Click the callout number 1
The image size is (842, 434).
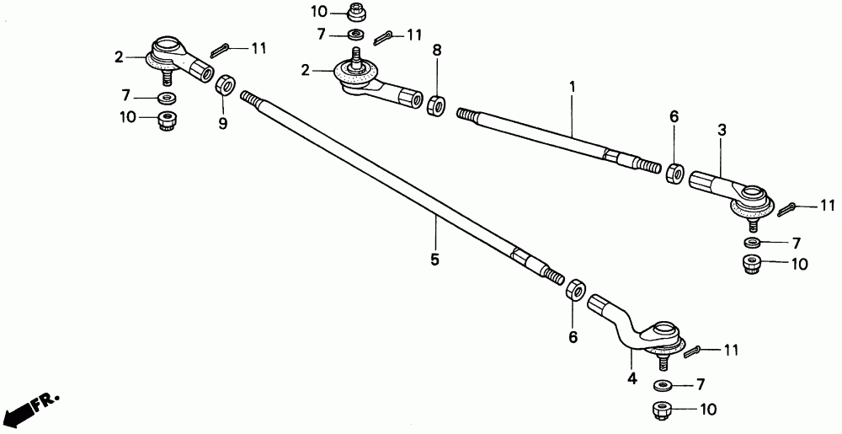[x=572, y=87]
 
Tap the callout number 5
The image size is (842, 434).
[x=434, y=260]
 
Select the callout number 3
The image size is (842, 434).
[x=722, y=131]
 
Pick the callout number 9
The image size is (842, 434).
[x=222, y=124]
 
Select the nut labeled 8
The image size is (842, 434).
[x=436, y=106]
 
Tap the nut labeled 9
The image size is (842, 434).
[x=225, y=85]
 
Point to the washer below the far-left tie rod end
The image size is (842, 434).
[x=167, y=99]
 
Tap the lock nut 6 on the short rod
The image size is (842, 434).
[x=674, y=174]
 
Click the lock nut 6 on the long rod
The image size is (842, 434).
[x=574, y=289]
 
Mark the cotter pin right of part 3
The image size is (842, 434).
[x=788, y=208]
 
